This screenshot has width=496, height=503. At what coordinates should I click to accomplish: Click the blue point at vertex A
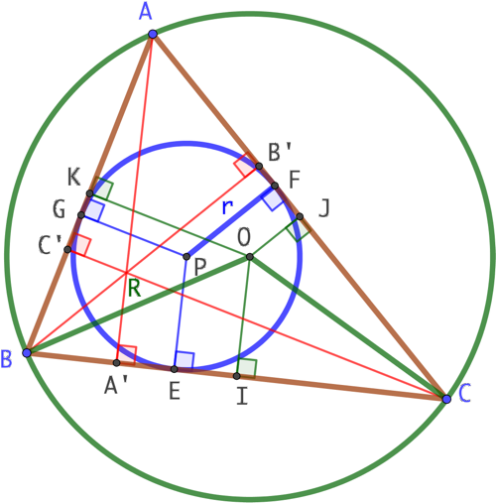tap(153, 34)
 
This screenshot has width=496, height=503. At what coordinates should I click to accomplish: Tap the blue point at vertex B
tap(27, 352)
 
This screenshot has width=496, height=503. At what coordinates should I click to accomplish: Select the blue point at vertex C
tap(446, 399)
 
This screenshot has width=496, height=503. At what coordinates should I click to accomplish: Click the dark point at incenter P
tap(186, 256)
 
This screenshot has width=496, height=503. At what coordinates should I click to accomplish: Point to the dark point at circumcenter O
tap(250, 257)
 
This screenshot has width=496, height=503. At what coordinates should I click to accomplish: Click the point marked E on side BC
tap(174, 369)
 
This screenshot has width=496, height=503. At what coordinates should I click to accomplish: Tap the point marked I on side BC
tap(237, 376)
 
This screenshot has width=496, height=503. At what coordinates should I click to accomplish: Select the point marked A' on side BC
tap(116, 363)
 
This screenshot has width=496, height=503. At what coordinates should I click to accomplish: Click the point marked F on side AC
tap(275, 186)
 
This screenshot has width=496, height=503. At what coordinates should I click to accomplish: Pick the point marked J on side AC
tap(300, 216)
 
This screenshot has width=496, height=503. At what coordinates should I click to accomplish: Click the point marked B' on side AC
tap(259, 166)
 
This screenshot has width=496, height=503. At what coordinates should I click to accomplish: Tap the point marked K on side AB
tap(89, 193)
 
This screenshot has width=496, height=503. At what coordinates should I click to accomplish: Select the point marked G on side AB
tap(81, 215)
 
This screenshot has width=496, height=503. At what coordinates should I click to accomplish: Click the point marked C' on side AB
tap(67, 249)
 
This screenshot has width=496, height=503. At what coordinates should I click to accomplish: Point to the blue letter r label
tap(227, 207)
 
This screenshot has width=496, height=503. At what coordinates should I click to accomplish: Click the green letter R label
tap(134, 288)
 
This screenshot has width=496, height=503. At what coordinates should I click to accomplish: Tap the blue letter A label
tap(145, 13)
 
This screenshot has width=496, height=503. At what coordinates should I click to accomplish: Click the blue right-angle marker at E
tap(185, 360)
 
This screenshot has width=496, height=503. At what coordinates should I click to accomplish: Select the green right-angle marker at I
tap(247, 368)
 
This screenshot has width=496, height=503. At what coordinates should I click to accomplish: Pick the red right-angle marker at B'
tap(245, 164)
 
